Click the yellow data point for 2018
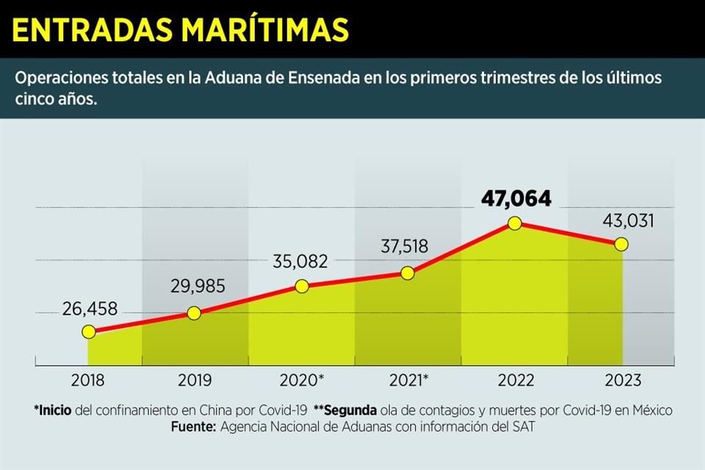88,332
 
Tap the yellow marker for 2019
194,313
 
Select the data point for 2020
301,286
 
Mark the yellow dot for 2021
408,272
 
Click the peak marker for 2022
514,223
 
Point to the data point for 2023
621,244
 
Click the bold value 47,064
516,198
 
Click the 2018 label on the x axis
88,380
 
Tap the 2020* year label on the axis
302,380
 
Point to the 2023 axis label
621,380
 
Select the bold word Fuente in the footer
192,427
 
